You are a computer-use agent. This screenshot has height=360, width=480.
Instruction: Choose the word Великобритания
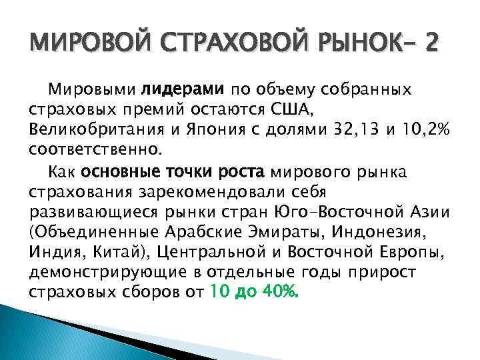coord(89,127)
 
